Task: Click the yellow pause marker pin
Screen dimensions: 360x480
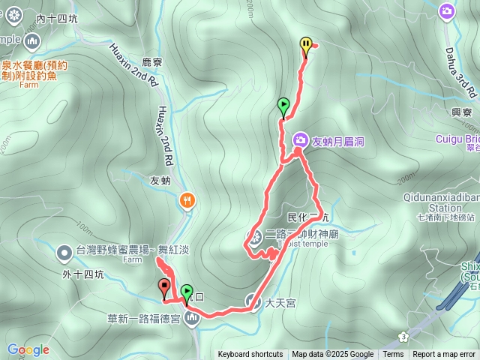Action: coord(306,46)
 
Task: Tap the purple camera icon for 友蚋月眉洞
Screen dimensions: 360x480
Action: coord(300,140)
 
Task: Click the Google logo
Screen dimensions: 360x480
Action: coord(28,349)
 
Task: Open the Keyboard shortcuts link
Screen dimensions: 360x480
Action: coord(250,355)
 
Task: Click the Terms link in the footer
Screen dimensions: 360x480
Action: coord(393,355)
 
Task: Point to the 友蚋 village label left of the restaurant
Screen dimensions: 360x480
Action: coord(161,180)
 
